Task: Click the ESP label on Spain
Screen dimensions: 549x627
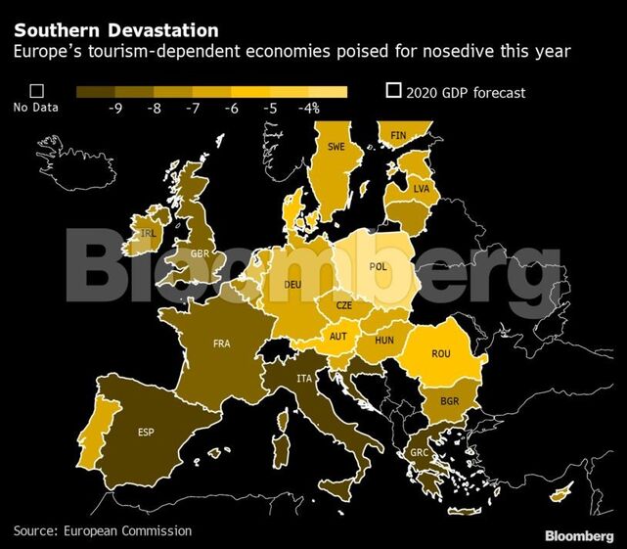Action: click(x=146, y=432)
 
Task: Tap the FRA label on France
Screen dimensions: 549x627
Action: click(x=222, y=343)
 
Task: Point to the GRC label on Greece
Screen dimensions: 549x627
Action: click(x=418, y=452)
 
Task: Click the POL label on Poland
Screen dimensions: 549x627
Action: click(x=378, y=266)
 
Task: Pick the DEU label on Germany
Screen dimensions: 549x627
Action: click(x=292, y=285)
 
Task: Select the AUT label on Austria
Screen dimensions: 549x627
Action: click(x=337, y=337)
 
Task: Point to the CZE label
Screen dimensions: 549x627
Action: click(x=344, y=305)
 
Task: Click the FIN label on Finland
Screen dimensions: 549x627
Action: click(x=398, y=135)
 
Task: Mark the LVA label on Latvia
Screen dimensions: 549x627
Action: click(x=422, y=187)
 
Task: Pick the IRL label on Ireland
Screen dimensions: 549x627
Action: click(x=149, y=234)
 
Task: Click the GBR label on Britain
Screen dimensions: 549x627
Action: click(x=201, y=253)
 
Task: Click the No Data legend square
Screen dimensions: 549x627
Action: click(x=36, y=91)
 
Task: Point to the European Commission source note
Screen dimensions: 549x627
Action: click(x=103, y=530)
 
